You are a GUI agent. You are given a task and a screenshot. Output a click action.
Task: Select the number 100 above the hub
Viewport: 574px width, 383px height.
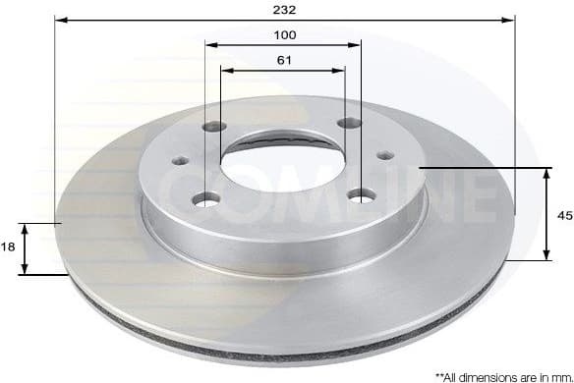pos(284,34)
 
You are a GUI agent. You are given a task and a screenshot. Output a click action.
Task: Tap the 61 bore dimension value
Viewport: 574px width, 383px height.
pos(284,61)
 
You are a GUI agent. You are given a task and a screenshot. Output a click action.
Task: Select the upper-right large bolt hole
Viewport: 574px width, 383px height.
pos(346,123)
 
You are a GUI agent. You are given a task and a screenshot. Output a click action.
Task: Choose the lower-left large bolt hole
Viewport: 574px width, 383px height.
pos(205,199)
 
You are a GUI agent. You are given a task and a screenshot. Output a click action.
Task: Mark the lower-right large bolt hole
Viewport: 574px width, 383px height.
pos(362,196)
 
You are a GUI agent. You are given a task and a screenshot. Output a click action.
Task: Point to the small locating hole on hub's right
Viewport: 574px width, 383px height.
pos(384,154)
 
